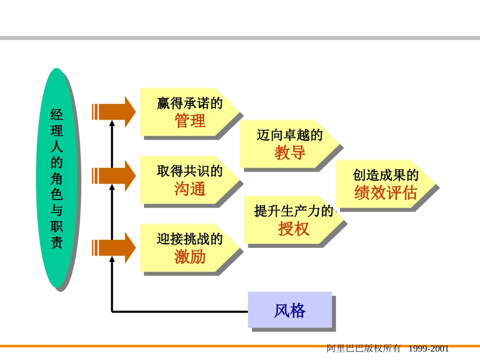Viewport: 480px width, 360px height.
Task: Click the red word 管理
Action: pyautogui.click(x=190, y=121)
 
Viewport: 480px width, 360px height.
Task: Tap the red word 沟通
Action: pyautogui.click(x=190, y=189)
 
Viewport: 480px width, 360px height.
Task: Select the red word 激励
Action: pyautogui.click(x=190, y=256)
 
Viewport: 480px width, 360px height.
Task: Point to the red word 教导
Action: pyautogui.click(x=290, y=152)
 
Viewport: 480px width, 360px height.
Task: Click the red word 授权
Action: pyautogui.click(x=294, y=229)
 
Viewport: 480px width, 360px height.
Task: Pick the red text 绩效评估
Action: pyautogui.click(x=386, y=193)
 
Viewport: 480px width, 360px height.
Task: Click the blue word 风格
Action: pyautogui.click(x=290, y=311)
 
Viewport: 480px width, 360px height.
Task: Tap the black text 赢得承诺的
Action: pyautogui.click(x=190, y=104)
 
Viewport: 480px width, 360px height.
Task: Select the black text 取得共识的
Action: pyautogui.click(x=190, y=171)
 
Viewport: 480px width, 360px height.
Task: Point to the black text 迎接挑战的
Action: pyautogui.click(x=190, y=239)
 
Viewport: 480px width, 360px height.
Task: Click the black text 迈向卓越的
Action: pyautogui.click(x=290, y=135)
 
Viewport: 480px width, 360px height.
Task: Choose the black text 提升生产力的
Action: pyautogui.click(x=294, y=212)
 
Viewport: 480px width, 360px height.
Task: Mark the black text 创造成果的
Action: pyautogui.click(x=386, y=175)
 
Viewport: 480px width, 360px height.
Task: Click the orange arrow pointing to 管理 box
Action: pyautogui.click(x=114, y=112)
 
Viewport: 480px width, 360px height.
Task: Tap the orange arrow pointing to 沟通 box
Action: pyautogui.click(x=114, y=176)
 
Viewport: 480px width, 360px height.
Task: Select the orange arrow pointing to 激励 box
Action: pyautogui.click(x=114, y=247)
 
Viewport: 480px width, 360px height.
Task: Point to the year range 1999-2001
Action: pyautogui.click(x=428, y=349)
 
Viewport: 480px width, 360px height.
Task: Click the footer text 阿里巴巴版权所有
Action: pyautogui.click(x=364, y=349)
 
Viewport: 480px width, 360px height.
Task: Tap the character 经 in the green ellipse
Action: pyautogui.click(x=57, y=115)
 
